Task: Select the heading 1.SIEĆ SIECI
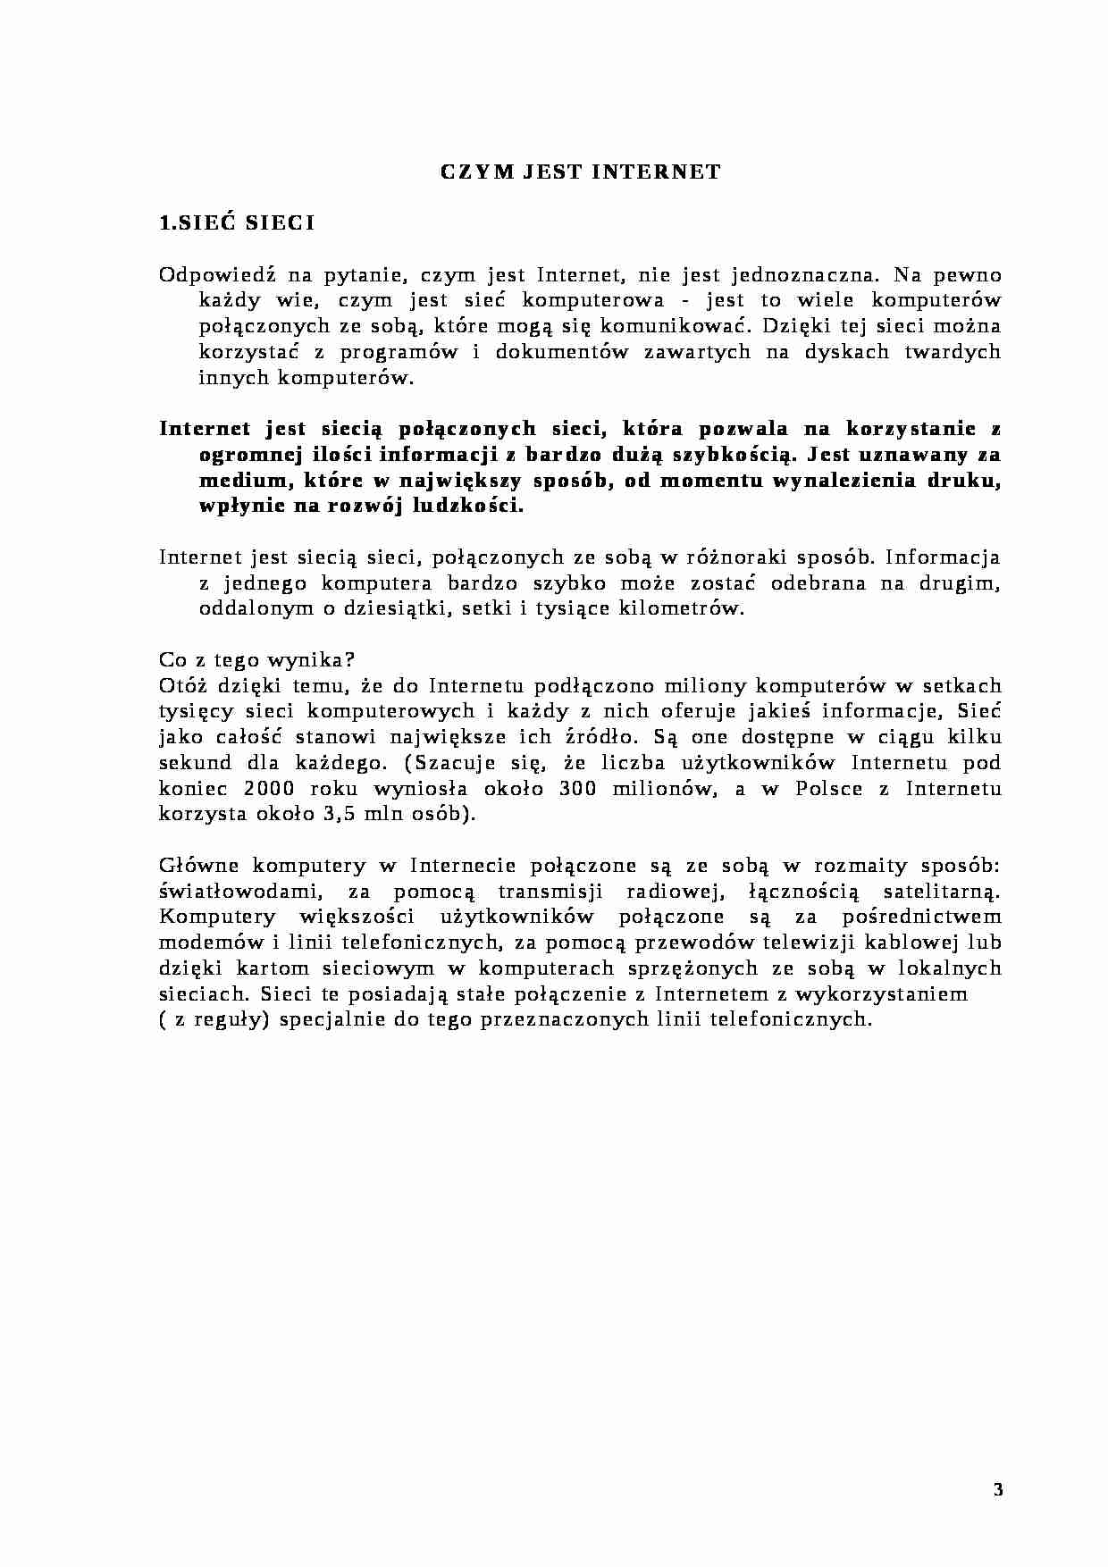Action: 236,223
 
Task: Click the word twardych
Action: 954,352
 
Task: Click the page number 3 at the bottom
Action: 998,1490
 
